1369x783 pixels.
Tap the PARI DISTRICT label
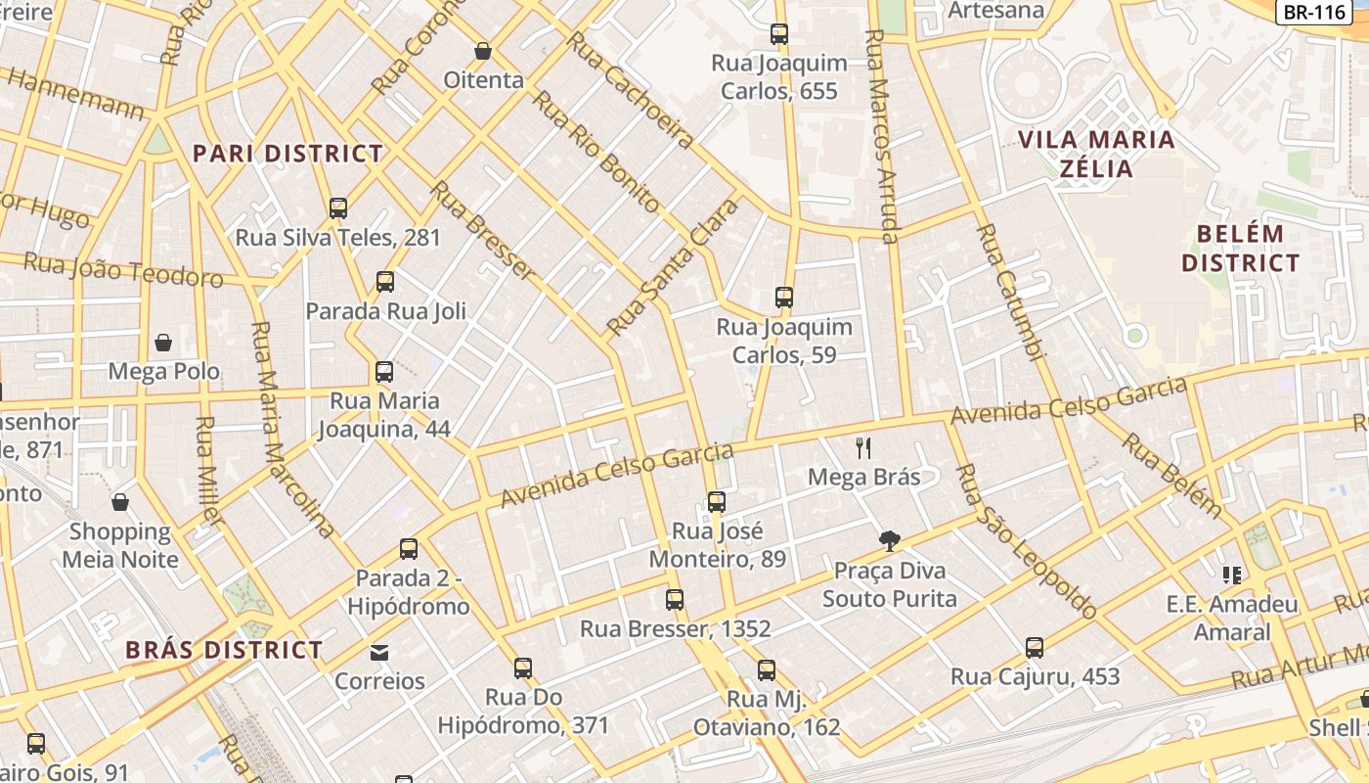pos(287,154)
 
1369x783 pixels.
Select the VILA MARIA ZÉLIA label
pos(1096,153)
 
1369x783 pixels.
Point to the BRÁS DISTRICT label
pos(224,650)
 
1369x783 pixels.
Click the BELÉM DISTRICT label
pos(1240,249)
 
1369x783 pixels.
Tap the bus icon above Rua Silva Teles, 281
pos(338,207)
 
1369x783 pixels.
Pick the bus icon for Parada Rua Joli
pos(385,282)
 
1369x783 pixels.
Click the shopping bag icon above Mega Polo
pos(163,343)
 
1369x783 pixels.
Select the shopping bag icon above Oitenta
pos(482,51)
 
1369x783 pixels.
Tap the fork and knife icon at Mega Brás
pos(863,448)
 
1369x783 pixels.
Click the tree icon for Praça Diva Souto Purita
pos(889,540)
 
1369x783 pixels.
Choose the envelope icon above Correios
pos(379,652)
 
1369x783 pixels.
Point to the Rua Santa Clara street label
pos(673,266)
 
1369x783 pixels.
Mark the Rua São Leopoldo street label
pos(1025,541)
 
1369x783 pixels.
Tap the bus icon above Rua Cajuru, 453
pos(1035,647)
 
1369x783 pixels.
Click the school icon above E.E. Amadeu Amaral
pos(1231,575)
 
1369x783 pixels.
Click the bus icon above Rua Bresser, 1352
pos(675,599)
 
